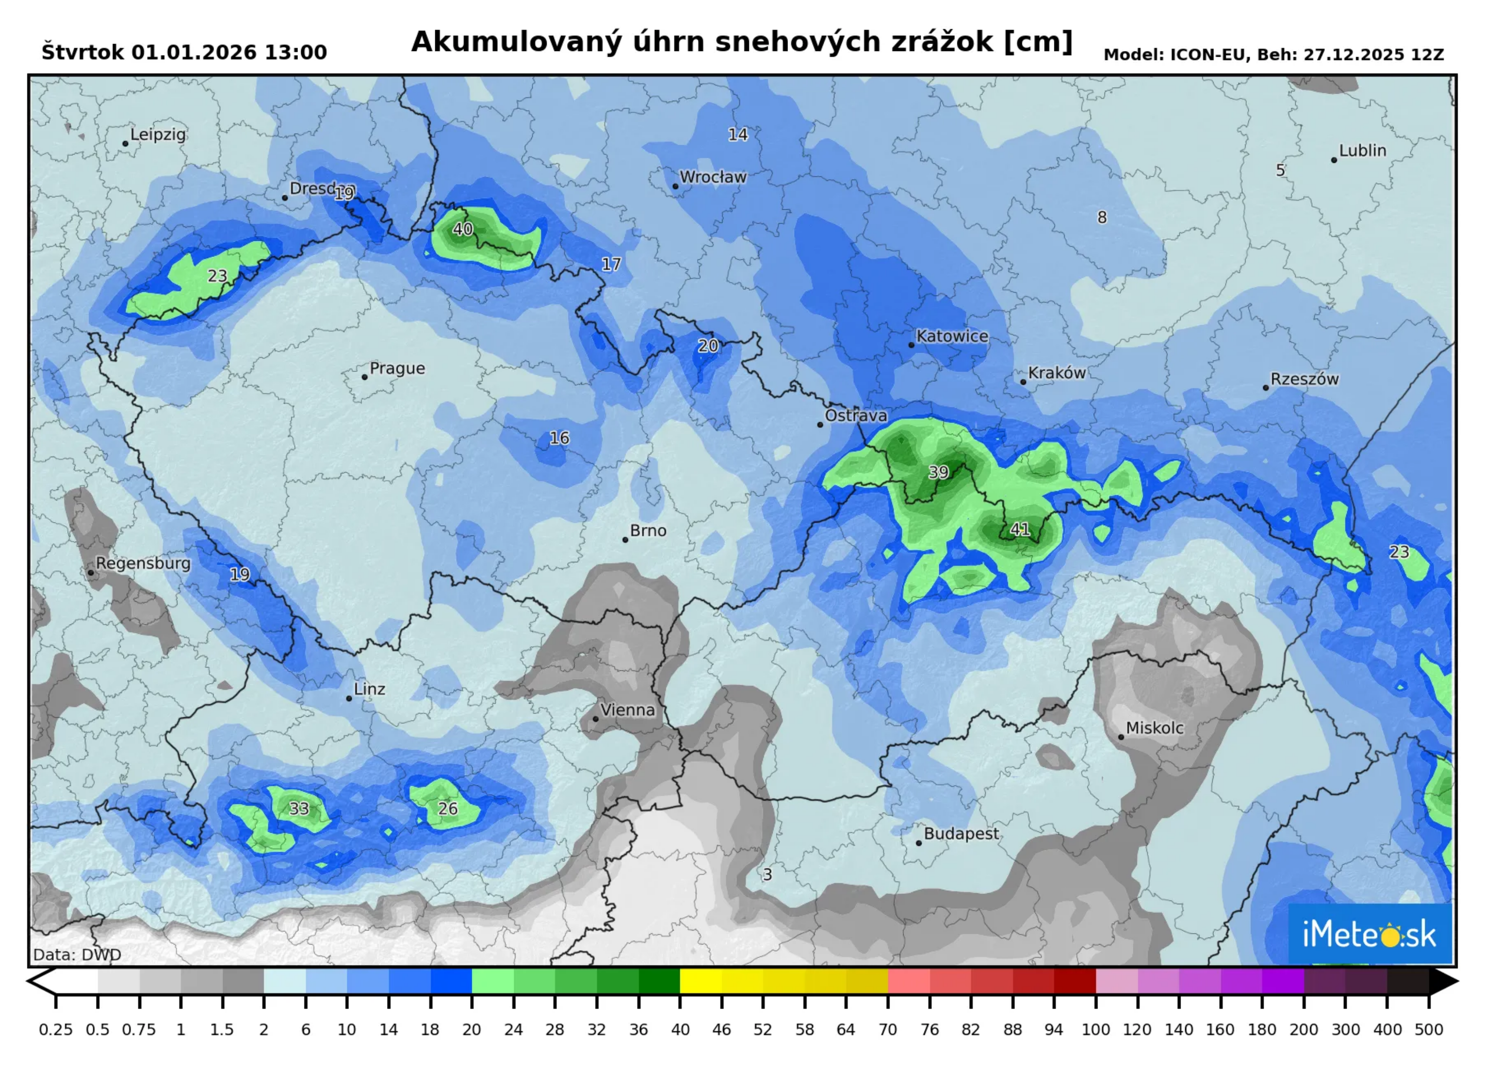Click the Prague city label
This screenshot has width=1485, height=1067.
click(x=397, y=368)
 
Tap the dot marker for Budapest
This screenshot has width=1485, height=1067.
click(x=919, y=843)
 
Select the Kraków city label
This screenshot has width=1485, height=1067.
click(x=1057, y=373)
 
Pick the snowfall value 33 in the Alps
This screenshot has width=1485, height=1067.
click(x=299, y=809)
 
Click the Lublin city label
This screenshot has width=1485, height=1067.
click(x=1362, y=151)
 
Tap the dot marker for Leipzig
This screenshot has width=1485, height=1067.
click(x=125, y=144)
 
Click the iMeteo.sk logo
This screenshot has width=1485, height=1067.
click(x=1370, y=935)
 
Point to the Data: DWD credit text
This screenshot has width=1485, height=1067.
click(x=77, y=955)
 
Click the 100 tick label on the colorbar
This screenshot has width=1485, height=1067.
click(x=1095, y=1030)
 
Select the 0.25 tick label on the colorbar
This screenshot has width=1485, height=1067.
click(x=56, y=1030)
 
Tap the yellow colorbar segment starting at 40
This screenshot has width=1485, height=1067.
click(x=701, y=981)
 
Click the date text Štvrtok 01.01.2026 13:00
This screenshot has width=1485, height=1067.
click(x=184, y=52)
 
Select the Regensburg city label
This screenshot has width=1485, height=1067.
click(x=143, y=564)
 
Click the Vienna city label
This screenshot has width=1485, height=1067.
click(x=627, y=710)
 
